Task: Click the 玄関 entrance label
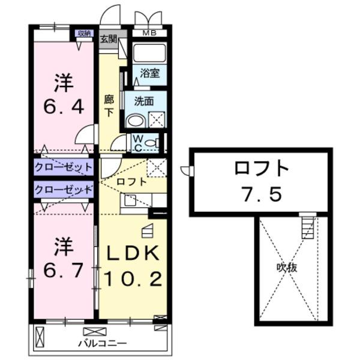click(108, 40)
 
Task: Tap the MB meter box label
click(148, 33)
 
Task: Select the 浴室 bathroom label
click(149, 73)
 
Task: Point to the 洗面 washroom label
click(144, 101)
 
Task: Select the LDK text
click(133, 254)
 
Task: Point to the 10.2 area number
click(133, 279)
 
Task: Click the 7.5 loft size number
click(261, 195)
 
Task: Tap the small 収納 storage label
click(83, 34)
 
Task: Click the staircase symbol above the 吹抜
click(307, 226)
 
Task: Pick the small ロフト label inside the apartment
click(131, 181)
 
